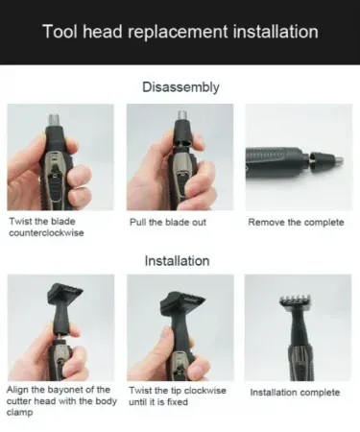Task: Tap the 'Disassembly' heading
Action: [x=180, y=87]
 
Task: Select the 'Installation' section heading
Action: [x=177, y=261]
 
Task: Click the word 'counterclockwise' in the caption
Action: [x=46, y=232]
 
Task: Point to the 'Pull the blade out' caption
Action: [x=168, y=222]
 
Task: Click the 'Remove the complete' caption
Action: [x=296, y=223]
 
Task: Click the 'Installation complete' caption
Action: [x=295, y=393]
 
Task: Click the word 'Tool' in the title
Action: [x=60, y=32]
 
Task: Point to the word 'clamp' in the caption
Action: [x=20, y=413]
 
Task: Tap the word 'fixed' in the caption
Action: [x=177, y=402]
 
